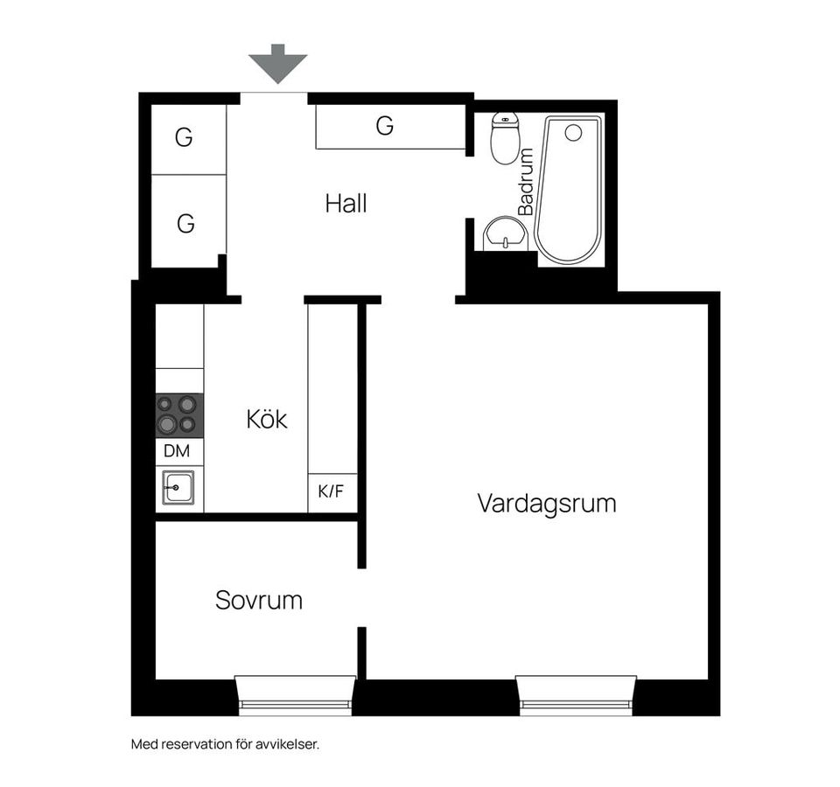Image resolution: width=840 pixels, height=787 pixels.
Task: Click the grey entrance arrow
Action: [x=277, y=64]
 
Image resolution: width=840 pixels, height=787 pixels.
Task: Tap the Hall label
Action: [x=346, y=204]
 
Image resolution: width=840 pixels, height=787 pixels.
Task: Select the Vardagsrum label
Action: [x=546, y=504]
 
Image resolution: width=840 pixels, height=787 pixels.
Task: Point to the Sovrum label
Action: [x=259, y=600]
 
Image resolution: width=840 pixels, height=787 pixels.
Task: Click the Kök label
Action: [x=267, y=419]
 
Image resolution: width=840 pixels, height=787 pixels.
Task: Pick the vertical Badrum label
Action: [x=526, y=182]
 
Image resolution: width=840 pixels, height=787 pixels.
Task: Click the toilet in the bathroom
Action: [x=505, y=138]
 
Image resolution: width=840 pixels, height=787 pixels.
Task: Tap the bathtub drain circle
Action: [x=573, y=133]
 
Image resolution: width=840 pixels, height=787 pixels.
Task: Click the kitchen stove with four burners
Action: [x=179, y=415]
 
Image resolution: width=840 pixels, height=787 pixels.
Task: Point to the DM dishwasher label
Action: [x=177, y=451]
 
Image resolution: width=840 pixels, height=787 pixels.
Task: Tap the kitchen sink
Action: [x=178, y=487]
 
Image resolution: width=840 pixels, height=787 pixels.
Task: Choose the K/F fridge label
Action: [x=331, y=491]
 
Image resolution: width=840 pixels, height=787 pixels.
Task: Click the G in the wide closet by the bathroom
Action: [x=385, y=126]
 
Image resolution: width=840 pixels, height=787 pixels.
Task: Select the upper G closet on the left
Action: [x=184, y=137]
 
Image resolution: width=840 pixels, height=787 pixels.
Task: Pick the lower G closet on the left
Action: [x=185, y=223]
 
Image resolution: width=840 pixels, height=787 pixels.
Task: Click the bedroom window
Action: [x=295, y=695]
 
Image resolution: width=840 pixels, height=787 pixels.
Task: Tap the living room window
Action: [x=577, y=695]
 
